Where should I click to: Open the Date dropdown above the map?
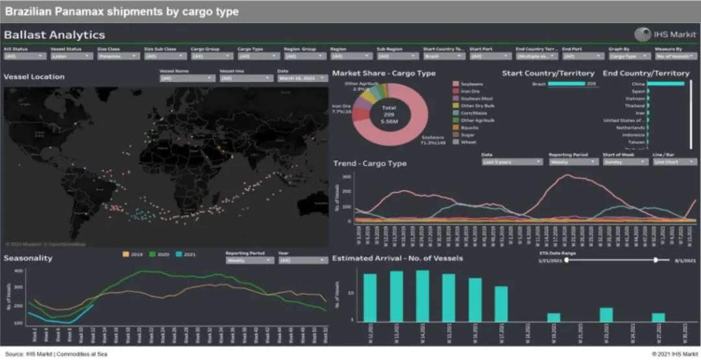coord(302,78)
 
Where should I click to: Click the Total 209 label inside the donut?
coord(389,107)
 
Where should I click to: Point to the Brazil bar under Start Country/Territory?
coord(566,84)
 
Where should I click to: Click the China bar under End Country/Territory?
coord(665,84)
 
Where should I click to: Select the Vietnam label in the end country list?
coord(635,98)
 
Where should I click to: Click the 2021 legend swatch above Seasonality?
coord(178,254)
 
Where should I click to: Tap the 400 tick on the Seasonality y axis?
coord(18,271)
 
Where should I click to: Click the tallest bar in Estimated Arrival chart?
coord(423,296)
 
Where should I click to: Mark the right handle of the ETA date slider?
coord(656,260)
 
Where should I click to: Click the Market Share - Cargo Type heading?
coord(384,73)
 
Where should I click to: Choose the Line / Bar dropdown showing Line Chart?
coord(668,162)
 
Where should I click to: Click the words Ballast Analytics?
coord(55,35)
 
